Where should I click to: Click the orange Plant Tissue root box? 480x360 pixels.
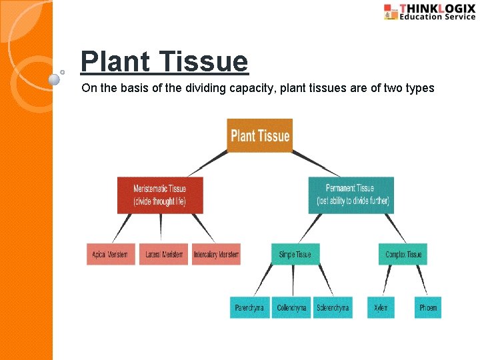tap(259, 136)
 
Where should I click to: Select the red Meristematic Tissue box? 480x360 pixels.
tap(159, 195)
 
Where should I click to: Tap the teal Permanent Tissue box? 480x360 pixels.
tap(351, 195)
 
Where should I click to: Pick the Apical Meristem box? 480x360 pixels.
tap(111, 255)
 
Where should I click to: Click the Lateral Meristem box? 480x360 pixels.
tap(164, 255)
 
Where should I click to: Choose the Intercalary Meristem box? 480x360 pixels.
tap(216, 255)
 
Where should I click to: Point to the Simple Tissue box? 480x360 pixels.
tap(295, 255)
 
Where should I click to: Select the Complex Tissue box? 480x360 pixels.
tap(403, 255)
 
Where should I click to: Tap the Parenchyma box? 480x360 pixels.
tap(249, 307)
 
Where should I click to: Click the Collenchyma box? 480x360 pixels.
tap(291, 307)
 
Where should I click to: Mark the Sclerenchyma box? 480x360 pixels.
tap(333, 307)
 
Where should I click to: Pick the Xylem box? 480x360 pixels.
tap(381, 307)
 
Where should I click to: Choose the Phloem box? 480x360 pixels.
tap(428, 307)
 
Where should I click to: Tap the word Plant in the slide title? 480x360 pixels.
tap(114, 62)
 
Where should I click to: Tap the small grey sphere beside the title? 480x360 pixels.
tap(55, 79)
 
